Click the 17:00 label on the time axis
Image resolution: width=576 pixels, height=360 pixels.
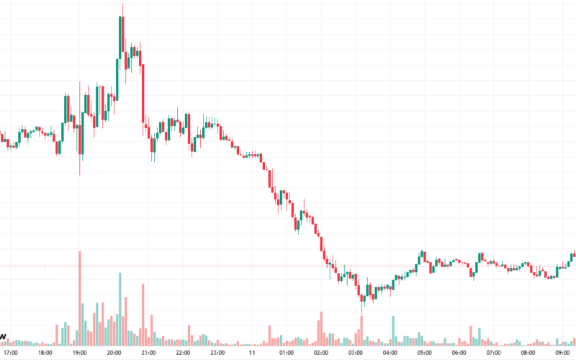click(x=10, y=354)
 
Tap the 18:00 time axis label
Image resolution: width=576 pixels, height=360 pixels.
click(x=45, y=354)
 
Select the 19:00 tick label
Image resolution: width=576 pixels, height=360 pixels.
click(x=79, y=354)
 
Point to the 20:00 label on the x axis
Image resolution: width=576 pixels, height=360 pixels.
click(x=114, y=354)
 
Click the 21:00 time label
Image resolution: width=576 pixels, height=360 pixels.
click(x=148, y=354)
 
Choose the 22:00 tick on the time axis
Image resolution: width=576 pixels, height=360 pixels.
click(x=183, y=354)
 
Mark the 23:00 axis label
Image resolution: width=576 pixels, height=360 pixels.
click(x=217, y=354)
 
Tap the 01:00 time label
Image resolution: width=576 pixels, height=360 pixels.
click(x=287, y=354)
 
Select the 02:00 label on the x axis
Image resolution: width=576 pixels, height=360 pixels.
click(x=321, y=354)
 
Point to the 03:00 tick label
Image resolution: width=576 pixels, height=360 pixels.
click(x=356, y=354)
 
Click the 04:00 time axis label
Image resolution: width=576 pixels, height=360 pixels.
click(x=390, y=354)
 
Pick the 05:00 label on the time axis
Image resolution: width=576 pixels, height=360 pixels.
click(x=425, y=354)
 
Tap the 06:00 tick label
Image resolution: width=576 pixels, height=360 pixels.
click(x=459, y=354)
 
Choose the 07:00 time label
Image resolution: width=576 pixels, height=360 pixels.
click(x=494, y=354)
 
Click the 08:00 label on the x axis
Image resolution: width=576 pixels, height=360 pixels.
click(x=528, y=354)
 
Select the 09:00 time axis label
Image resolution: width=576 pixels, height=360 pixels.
click(x=563, y=354)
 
